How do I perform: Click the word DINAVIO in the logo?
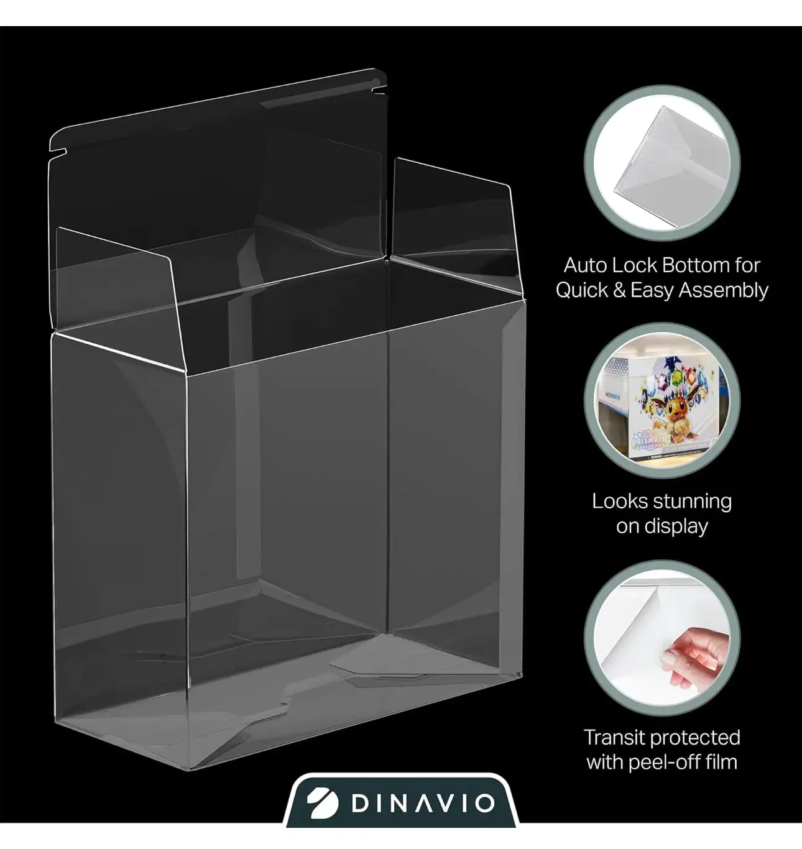click(423, 804)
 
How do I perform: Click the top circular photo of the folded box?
click(662, 163)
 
